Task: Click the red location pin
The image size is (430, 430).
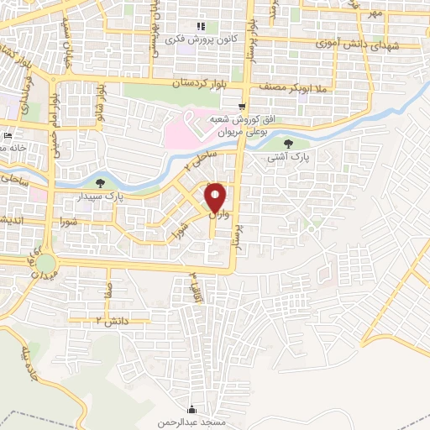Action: tap(216, 197)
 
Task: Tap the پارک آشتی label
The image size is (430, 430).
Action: tap(289, 157)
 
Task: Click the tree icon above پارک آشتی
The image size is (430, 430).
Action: tap(289, 144)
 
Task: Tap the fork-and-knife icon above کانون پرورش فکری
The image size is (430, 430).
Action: tap(200, 26)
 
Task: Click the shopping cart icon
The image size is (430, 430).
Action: tap(242, 107)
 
